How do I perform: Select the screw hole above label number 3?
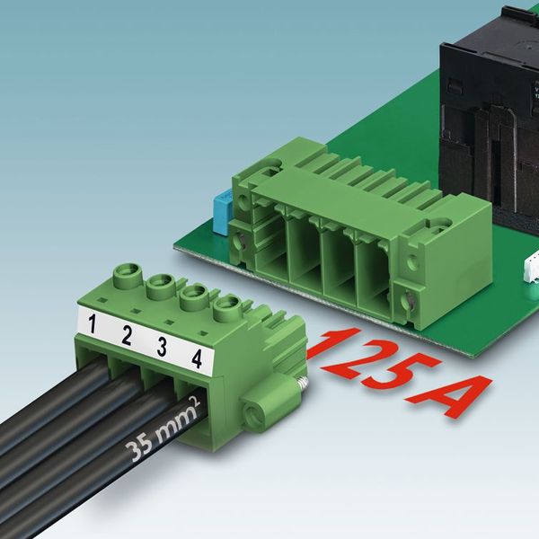(192, 295)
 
